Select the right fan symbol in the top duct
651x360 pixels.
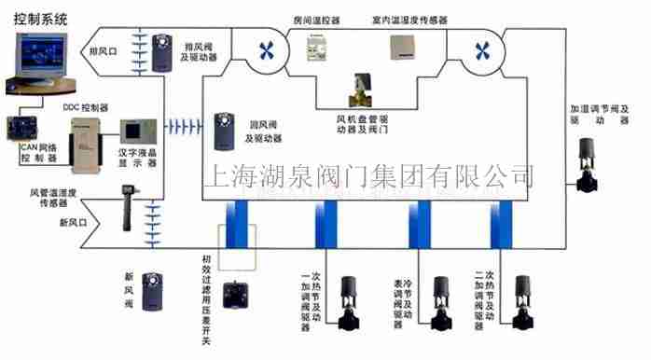[x=482, y=48]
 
